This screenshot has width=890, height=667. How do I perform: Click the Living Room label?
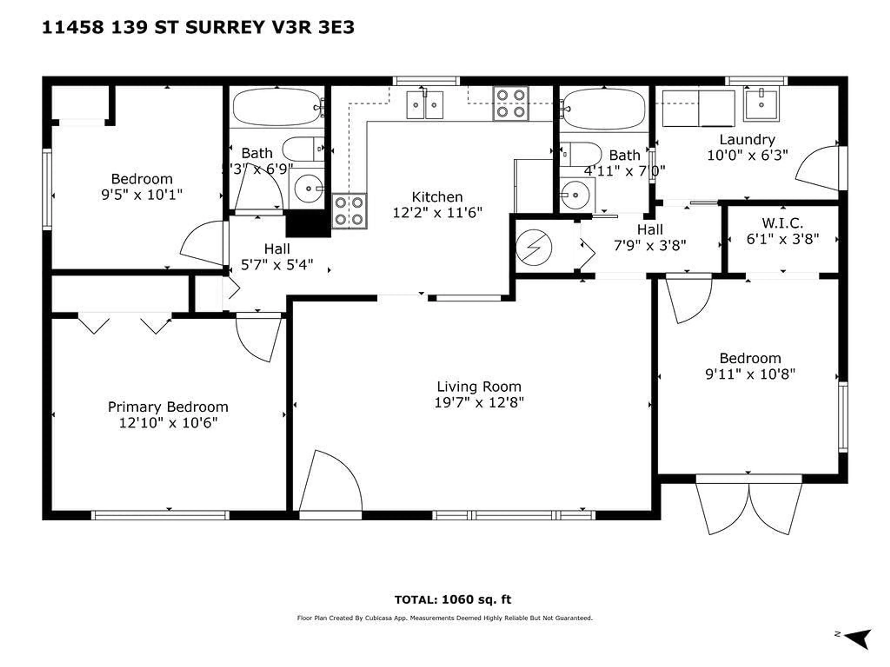pos(479,387)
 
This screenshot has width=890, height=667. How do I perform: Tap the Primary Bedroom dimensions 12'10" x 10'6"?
pos(168,423)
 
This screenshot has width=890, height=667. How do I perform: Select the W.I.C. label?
pos(782,223)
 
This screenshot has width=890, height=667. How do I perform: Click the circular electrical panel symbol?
pos(534,247)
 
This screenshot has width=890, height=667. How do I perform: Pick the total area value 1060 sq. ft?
pos(476,599)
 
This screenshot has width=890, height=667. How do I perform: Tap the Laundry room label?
pos(747,139)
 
